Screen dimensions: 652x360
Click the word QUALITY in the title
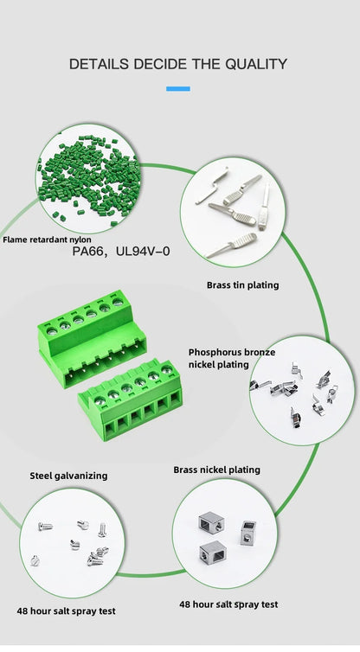point(256,63)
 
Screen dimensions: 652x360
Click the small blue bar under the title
point(177,88)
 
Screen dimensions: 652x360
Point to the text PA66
point(89,252)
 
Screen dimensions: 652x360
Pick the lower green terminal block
point(131,399)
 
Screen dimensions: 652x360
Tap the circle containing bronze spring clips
point(302,389)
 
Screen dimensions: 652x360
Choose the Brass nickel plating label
point(216,470)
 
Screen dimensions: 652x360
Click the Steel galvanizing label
point(69,475)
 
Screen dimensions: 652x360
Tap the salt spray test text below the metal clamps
point(228,604)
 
